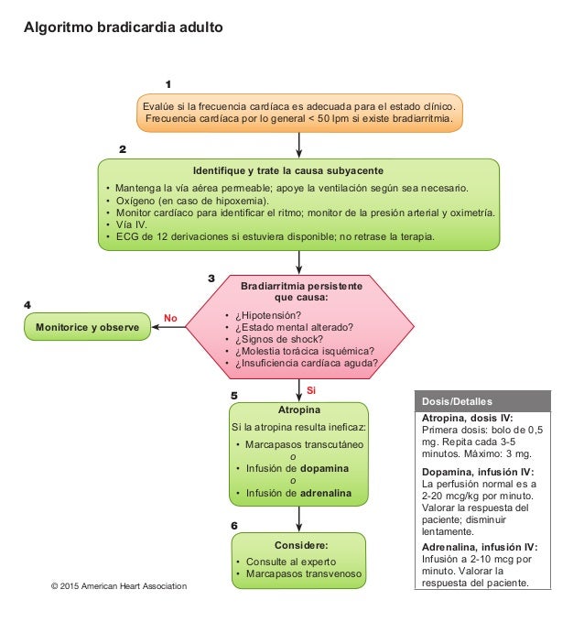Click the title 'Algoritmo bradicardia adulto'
[x=123, y=27]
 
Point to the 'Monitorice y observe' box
[x=87, y=326]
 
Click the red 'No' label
[x=169, y=318]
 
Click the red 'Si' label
[x=311, y=389]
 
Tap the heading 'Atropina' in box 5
[x=297, y=409]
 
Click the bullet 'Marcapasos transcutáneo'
[x=305, y=444]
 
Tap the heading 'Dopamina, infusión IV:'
[x=479, y=471]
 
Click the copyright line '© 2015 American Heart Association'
[x=118, y=585]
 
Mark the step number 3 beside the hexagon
[x=211, y=278]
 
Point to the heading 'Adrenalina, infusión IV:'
[x=480, y=546]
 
